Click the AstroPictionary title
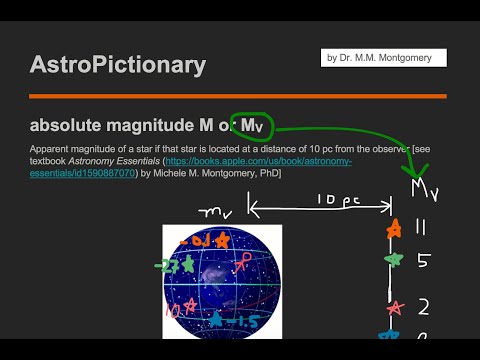(118, 66)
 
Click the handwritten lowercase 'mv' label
(215, 213)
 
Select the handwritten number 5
(423, 261)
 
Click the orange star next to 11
(395, 229)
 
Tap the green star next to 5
(394, 261)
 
